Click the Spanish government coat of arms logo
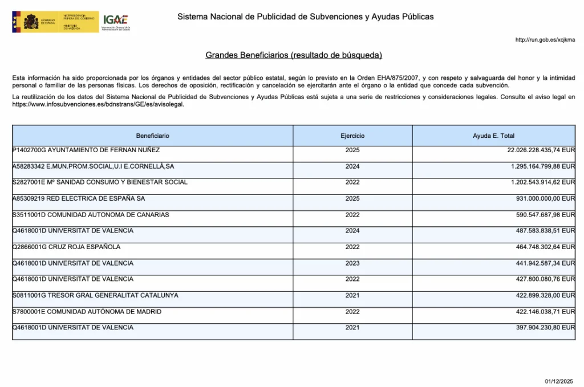pos(31,22)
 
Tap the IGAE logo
pos(116,21)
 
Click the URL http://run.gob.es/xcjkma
pos(545,40)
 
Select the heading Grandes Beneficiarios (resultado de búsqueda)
pos(293,55)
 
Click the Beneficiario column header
pos(152,136)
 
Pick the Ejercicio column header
pos(352,136)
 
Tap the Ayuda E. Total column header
pos(493,136)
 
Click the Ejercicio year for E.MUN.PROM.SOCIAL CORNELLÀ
pos(352,166)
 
